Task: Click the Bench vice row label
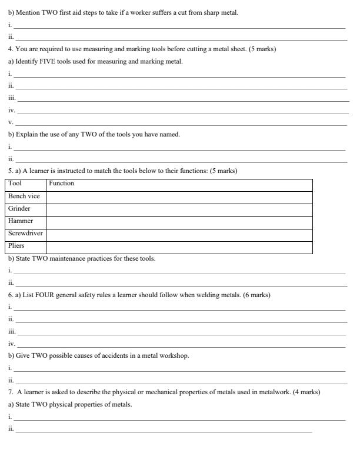(24, 196)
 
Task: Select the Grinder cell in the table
(19, 208)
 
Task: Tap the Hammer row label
(21, 221)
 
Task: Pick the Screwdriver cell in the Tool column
(25, 233)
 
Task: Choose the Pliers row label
(16, 245)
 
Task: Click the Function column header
(61, 184)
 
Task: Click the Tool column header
(15, 184)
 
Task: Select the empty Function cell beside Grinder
(179, 209)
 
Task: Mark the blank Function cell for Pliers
(179, 247)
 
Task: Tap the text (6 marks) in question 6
(256, 295)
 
